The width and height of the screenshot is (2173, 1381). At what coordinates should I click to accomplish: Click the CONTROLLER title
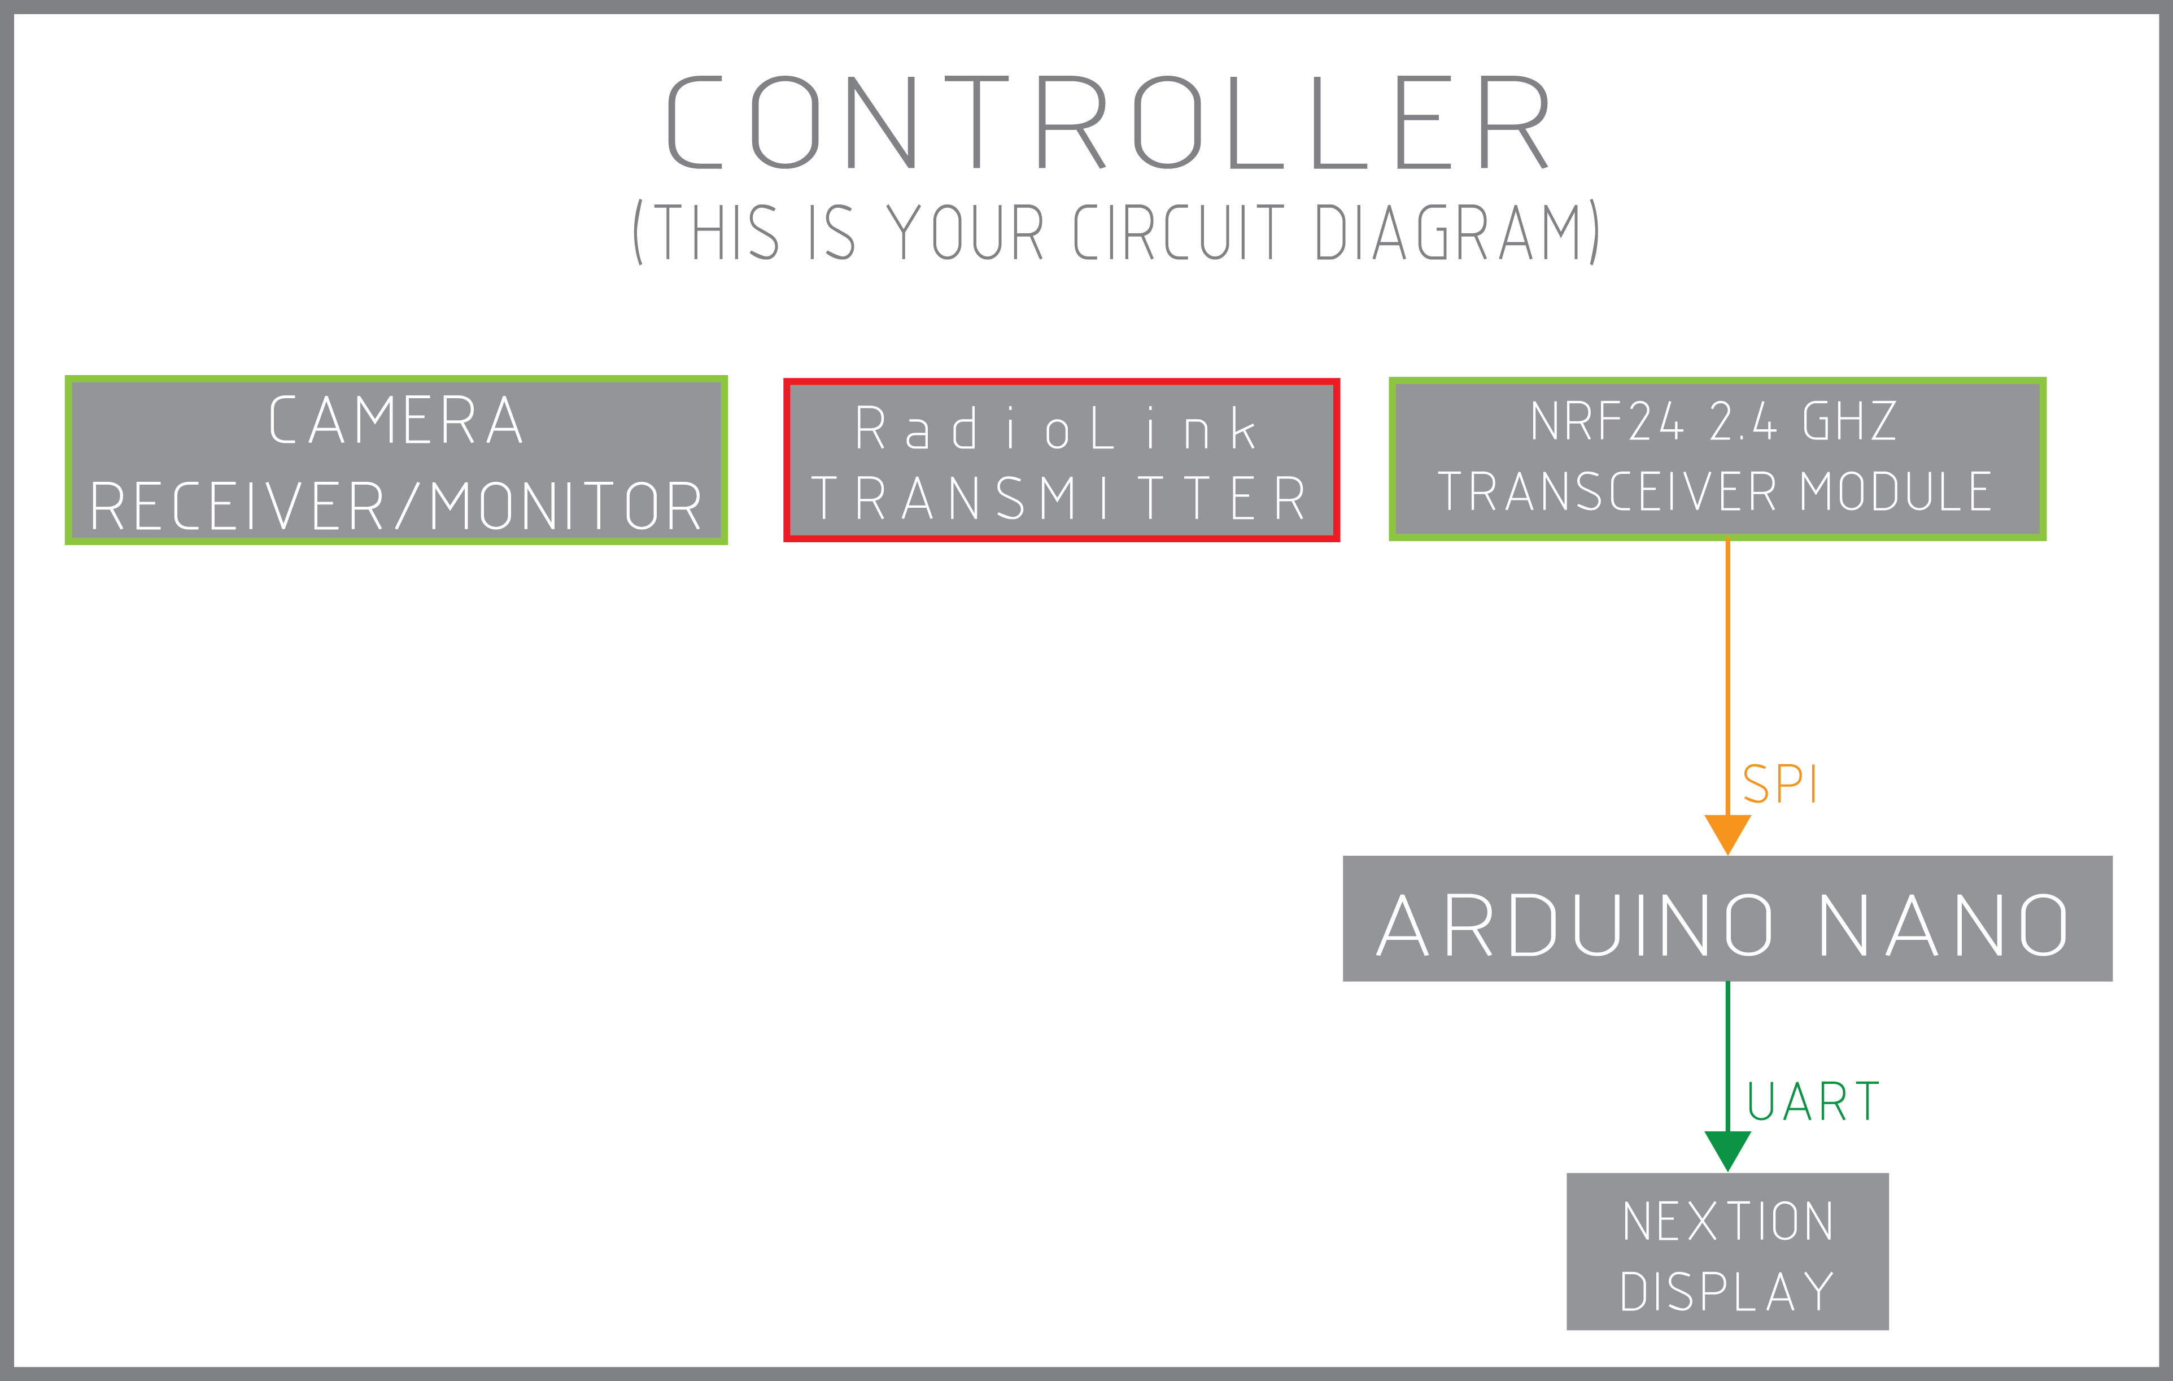coord(1108,122)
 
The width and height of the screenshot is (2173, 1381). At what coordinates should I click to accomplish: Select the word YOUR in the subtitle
coord(965,232)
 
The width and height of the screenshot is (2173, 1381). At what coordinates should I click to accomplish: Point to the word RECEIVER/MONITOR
coord(396,506)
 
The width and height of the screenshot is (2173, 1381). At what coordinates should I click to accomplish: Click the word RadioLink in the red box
coord(1056,428)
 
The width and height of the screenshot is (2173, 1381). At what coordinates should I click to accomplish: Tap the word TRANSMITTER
coord(1058,498)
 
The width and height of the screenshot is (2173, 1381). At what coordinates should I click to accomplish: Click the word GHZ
coord(1850,421)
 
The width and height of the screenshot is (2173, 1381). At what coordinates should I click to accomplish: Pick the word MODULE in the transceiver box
coord(1896,492)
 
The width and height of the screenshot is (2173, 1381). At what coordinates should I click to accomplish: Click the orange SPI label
coord(1779,783)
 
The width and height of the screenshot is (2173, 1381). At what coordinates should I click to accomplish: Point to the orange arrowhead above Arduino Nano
coord(1727,834)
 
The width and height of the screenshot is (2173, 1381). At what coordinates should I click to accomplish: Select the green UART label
coord(1813,1101)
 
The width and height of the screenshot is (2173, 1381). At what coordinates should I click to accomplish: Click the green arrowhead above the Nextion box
coord(1727,1151)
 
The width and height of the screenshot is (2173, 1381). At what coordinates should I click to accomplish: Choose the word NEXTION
coord(1727,1221)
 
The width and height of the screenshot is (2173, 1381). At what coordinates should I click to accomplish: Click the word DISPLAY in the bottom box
coord(1727,1292)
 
